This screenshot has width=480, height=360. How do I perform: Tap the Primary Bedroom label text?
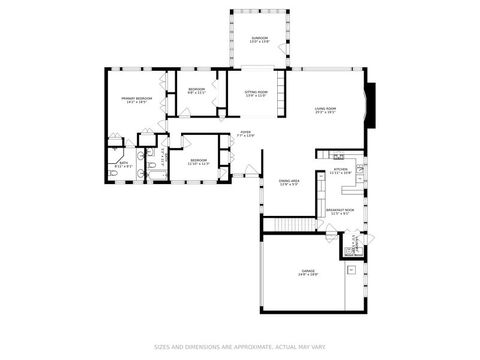click(x=136, y=99)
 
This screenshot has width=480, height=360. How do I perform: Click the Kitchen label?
click(x=340, y=171)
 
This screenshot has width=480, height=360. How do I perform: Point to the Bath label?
click(x=124, y=163)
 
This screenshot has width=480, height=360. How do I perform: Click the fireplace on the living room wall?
click(x=372, y=106)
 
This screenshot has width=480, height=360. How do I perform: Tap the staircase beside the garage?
click(x=289, y=224)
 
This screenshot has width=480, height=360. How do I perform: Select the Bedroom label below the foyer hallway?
click(x=199, y=161)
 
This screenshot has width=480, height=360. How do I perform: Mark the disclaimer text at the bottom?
click(x=240, y=348)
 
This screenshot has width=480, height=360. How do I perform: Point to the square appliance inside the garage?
click(x=352, y=269)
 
